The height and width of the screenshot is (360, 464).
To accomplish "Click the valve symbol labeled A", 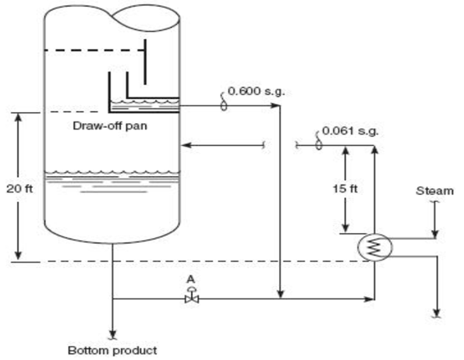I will (190, 298).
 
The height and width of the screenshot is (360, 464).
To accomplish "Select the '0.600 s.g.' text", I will (256, 91).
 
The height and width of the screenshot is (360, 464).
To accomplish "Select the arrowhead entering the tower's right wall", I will (186, 144).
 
